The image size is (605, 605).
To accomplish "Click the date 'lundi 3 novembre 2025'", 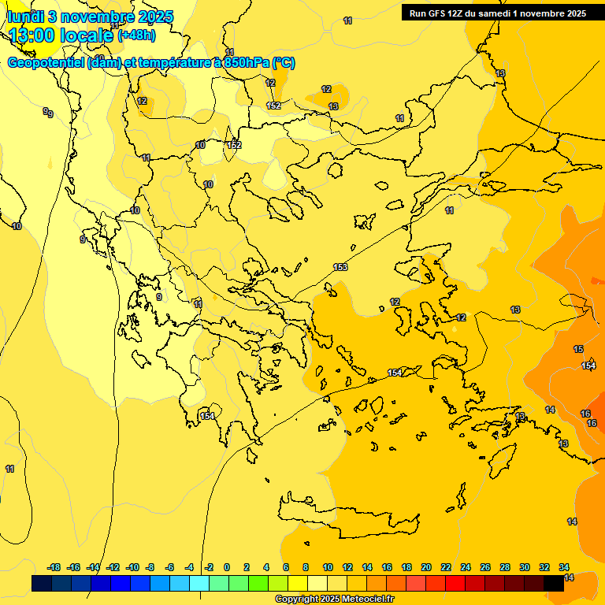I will coord(90,17).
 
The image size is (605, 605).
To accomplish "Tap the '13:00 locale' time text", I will coord(60,35).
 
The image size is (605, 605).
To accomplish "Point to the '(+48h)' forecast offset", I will coord(136,35).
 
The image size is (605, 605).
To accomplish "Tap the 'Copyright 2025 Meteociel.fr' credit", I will coord(334,599).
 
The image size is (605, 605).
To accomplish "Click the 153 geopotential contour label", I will coord(340,268).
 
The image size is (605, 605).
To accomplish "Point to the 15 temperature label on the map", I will coord(578,349).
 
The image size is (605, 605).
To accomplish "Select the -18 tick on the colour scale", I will coord(54,567).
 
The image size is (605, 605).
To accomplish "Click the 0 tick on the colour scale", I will coord(227,567).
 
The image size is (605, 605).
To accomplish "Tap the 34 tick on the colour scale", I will coord(564,567).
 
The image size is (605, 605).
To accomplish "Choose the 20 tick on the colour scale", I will coord(426,567).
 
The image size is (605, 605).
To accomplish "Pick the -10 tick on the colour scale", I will coord(132,567).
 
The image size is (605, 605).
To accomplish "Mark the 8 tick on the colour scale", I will coord(306,567).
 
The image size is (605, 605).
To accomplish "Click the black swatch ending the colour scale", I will coord(555,583).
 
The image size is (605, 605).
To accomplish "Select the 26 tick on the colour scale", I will coord(485,567).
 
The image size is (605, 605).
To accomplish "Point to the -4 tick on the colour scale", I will coord(189,567).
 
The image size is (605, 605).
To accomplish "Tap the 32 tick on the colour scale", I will coord(544,567).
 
